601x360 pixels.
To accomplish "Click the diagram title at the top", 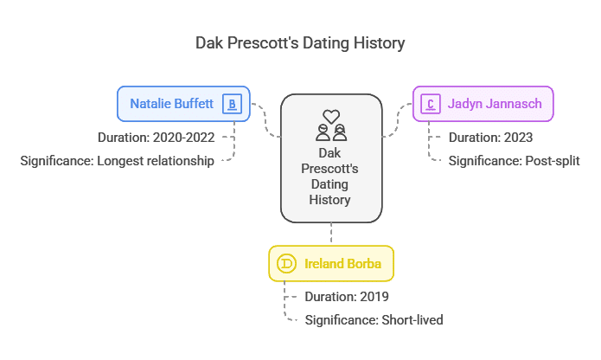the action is tap(300, 43).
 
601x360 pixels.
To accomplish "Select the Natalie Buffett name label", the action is tap(171, 104).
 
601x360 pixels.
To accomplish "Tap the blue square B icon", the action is tap(232, 104).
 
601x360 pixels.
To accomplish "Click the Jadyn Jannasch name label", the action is tap(495, 104).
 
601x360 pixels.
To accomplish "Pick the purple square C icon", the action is tap(431, 104).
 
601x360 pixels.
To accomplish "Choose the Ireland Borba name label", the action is tap(342, 264).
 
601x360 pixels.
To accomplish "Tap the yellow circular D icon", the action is tap(286, 264).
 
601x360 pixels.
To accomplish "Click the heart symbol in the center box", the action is tap(331, 116).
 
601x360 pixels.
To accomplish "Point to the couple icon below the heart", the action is tap(331, 132).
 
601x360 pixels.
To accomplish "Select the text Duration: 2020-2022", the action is tap(156, 138).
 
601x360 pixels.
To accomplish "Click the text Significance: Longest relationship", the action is tap(117, 161).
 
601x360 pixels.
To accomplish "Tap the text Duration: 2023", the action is tap(490, 138).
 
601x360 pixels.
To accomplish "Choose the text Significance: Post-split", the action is tap(514, 161).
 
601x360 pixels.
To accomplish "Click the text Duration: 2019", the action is tap(347, 297).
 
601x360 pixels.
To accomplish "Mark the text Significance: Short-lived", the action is tap(374, 319).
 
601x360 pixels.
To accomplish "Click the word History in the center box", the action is tap(329, 200).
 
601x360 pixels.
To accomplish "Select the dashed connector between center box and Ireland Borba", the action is tap(331, 233).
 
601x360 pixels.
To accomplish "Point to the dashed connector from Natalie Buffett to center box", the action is tap(265, 120).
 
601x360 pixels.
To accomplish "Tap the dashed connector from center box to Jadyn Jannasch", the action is tap(398, 120).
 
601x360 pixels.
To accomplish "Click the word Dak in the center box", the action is tap(329, 153).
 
